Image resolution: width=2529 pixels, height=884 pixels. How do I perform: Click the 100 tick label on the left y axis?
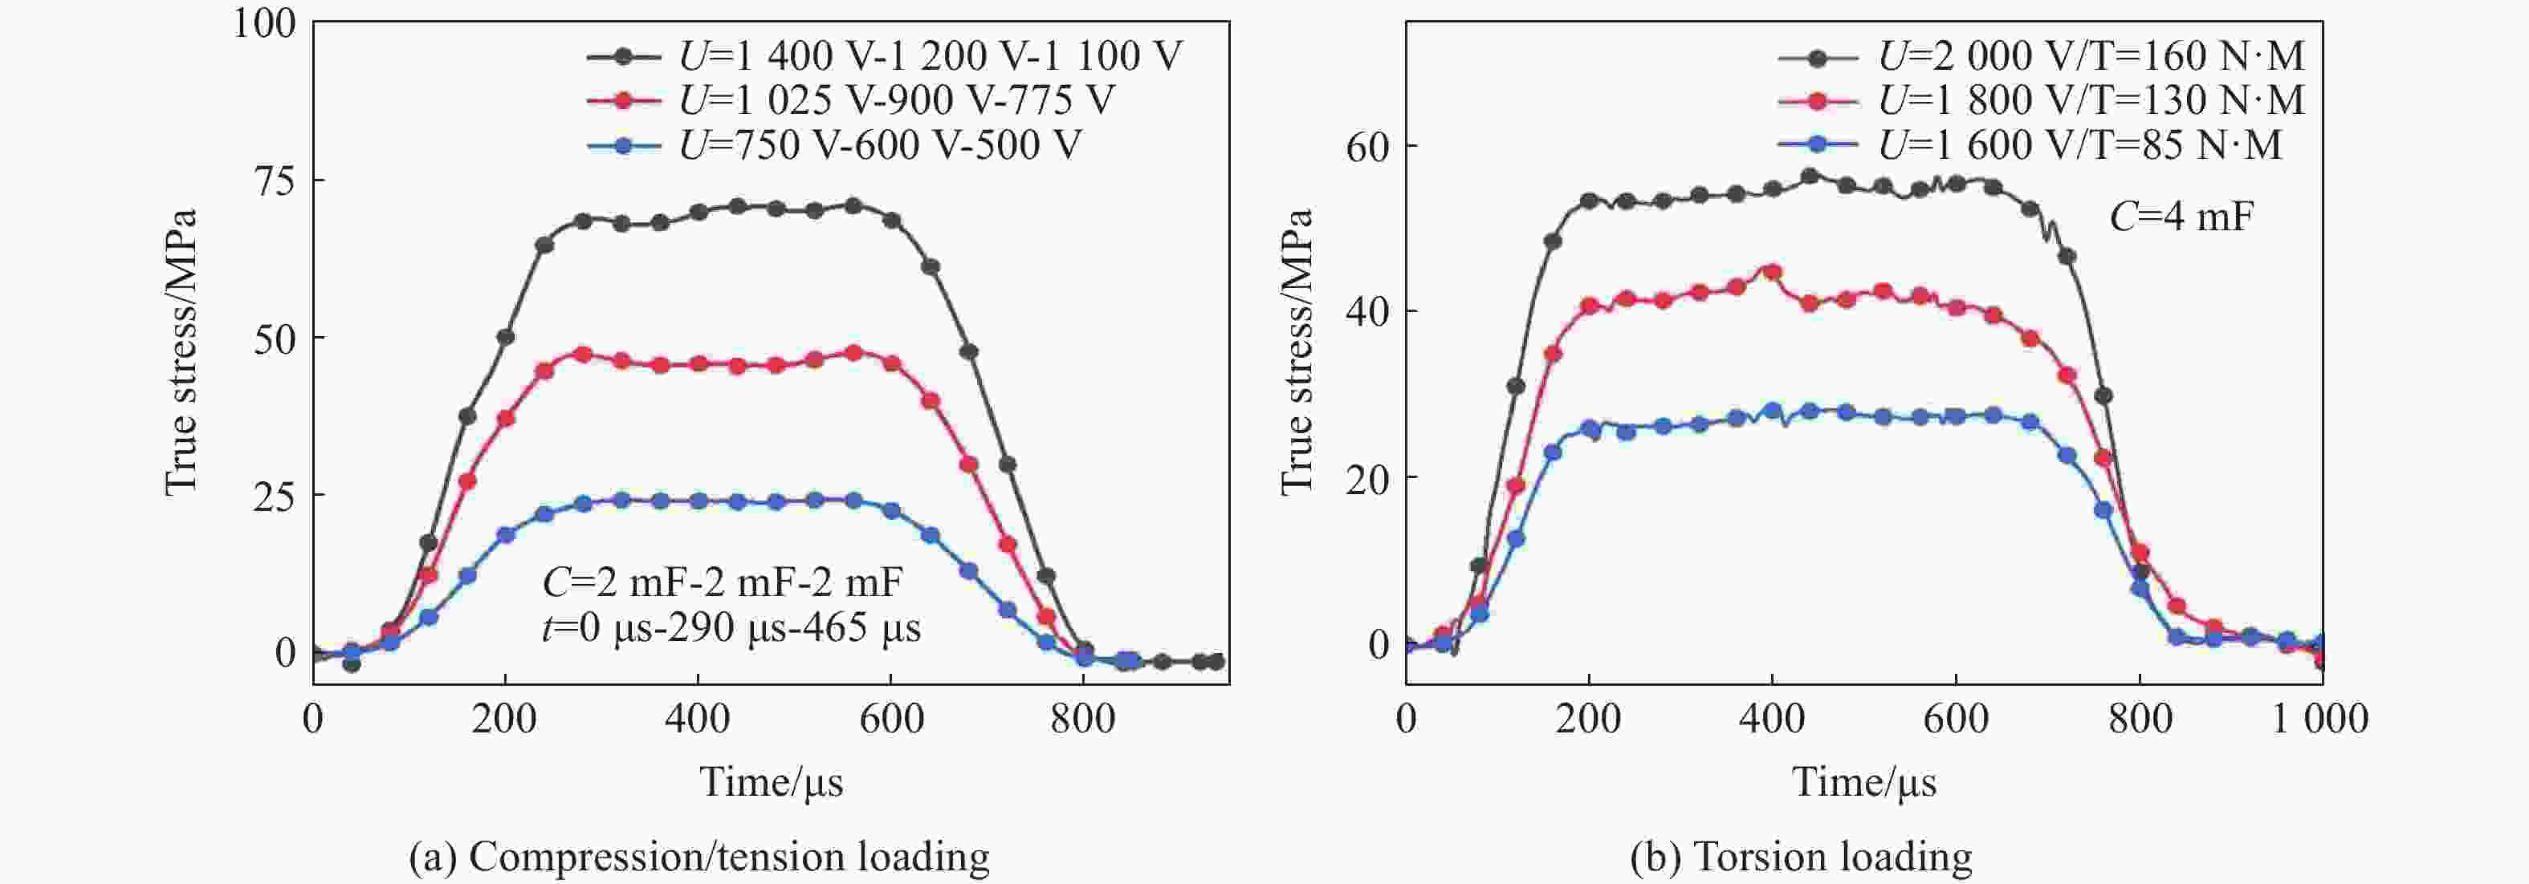264,23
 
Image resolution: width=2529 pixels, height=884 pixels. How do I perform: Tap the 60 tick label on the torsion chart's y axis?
1367,147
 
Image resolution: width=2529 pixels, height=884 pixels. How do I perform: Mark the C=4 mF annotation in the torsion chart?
2181,217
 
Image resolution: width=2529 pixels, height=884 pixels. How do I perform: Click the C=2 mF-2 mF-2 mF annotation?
722,583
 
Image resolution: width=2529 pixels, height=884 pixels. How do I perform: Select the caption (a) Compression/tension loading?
699,857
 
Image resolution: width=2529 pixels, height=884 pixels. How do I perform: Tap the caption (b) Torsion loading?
1801,857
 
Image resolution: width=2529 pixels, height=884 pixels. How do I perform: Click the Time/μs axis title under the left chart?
771,783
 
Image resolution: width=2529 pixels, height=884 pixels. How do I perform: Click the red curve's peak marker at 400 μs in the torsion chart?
1772,273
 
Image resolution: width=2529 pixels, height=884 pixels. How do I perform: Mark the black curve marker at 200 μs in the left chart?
506,338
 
